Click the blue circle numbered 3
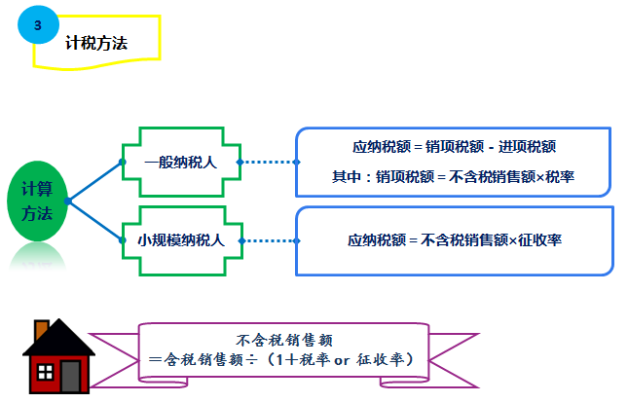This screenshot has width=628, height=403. (x=38, y=26)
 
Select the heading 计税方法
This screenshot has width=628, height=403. (x=95, y=43)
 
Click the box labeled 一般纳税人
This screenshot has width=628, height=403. (x=180, y=163)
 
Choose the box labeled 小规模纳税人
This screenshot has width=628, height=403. (x=180, y=238)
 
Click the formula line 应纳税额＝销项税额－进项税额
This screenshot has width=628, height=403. (x=454, y=147)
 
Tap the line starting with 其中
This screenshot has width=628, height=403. (x=454, y=176)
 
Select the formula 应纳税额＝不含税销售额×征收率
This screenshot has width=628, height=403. (x=454, y=238)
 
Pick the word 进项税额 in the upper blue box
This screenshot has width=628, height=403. (x=527, y=147)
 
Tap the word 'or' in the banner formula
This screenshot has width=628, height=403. (x=341, y=360)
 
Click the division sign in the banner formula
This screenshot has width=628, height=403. (x=251, y=360)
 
